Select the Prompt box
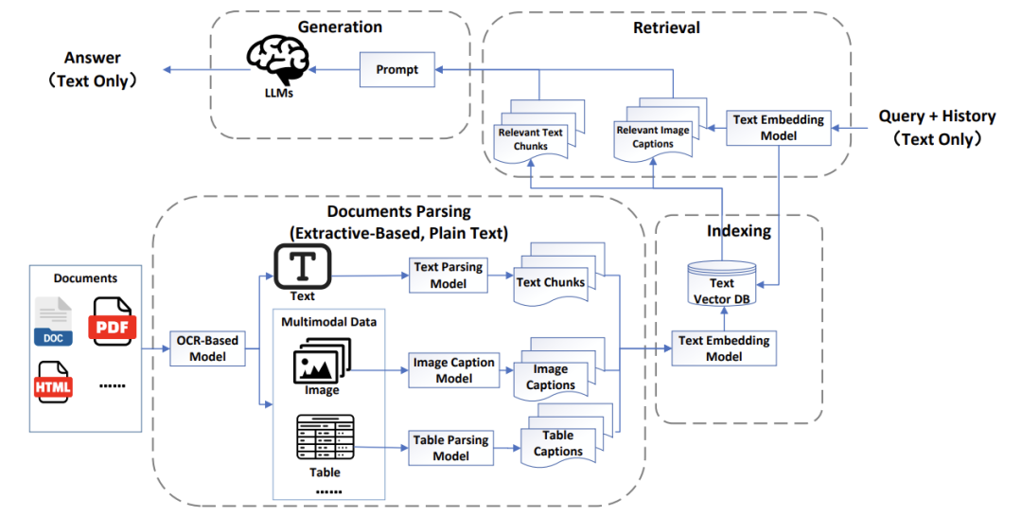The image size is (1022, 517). tap(396, 70)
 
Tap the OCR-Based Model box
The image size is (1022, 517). tap(207, 348)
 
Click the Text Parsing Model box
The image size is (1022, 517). tap(449, 276)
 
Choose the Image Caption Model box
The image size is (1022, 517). tap(453, 370)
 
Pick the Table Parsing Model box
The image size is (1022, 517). tap(450, 448)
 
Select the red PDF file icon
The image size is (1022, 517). tap(113, 321)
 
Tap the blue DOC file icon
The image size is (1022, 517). tap(53, 321)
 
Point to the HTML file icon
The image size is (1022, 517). tap(53, 382)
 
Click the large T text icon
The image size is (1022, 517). tap(303, 267)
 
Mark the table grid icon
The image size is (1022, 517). tap(326, 437)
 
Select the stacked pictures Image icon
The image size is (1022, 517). tap(322, 361)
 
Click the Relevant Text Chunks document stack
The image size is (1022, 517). tap(539, 131)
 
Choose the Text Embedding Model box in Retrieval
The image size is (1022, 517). tap(778, 128)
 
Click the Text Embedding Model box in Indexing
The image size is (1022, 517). tap(724, 348)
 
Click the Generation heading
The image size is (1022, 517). tap(341, 27)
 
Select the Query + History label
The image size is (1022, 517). tap(937, 116)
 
